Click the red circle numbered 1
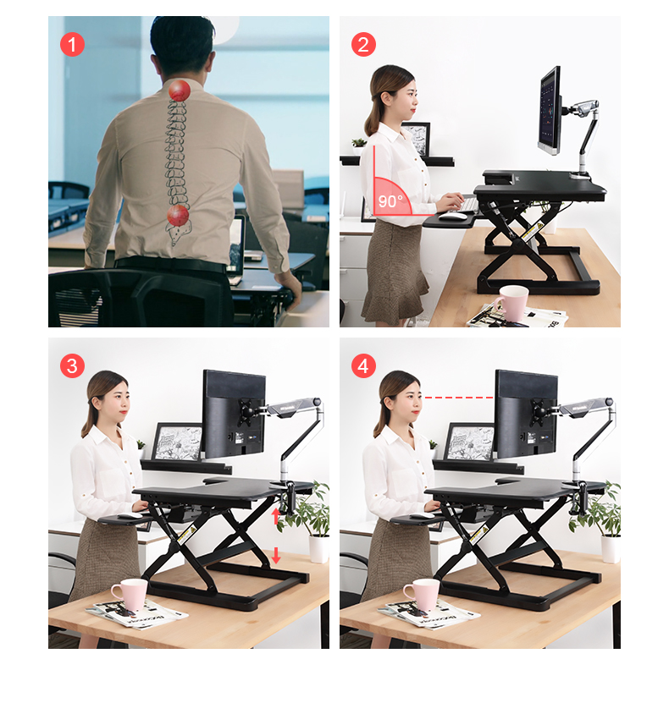coord(72,45)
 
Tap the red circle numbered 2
coord(363,45)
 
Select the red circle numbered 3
coord(72,365)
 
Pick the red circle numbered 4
coord(363,365)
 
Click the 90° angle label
coord(390,200)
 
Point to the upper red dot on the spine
coord(179,91)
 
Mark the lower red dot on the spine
coord(178,216)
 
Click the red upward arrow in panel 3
coord(276,516)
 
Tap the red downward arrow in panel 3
coord(276,555)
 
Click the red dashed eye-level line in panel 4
coord(458,398)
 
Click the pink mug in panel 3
coord(130,594)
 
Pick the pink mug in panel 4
coord(423,594)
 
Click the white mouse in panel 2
coord(451,215)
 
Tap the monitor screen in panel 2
coord(550,111)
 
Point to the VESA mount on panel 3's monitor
coord(247,412)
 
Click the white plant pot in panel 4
coord(611,549)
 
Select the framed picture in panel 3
coord(177,442)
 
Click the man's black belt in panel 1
coord(171,265)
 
